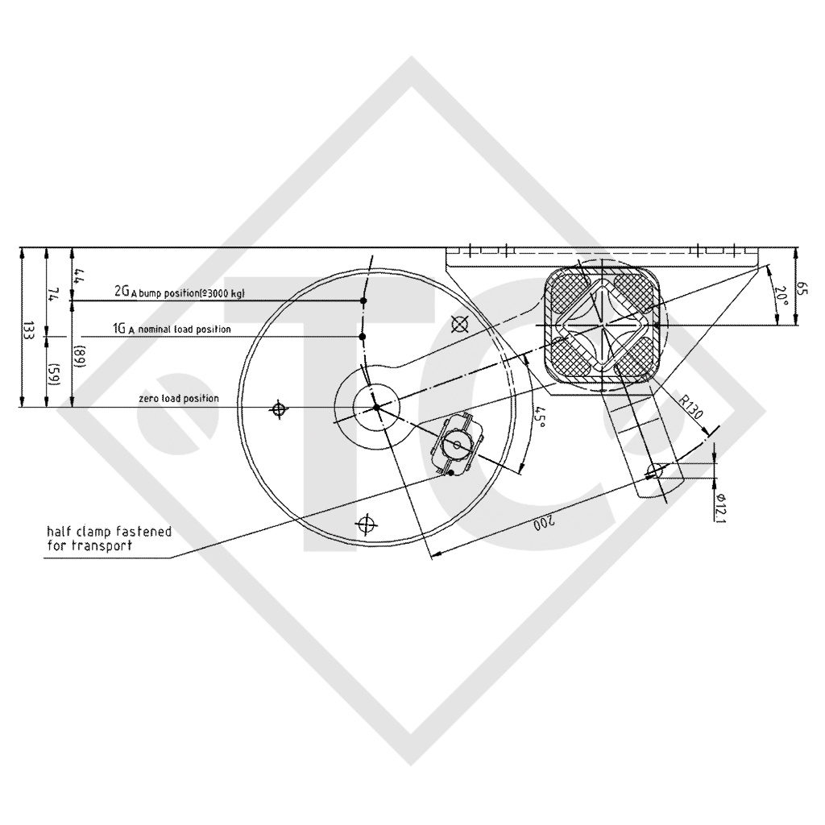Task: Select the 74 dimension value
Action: (53, 293)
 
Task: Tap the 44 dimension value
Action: (78, 274)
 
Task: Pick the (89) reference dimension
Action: (78, 354)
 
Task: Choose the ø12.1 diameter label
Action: (719, 508)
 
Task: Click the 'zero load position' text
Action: (177, 399)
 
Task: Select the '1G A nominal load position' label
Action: (172, 330)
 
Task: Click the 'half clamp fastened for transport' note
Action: (109, 538)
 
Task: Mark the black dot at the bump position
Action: (364, 301)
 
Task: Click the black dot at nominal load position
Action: (363, 337)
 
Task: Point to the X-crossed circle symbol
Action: (460, 325)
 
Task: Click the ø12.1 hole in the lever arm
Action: (657, 468)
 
